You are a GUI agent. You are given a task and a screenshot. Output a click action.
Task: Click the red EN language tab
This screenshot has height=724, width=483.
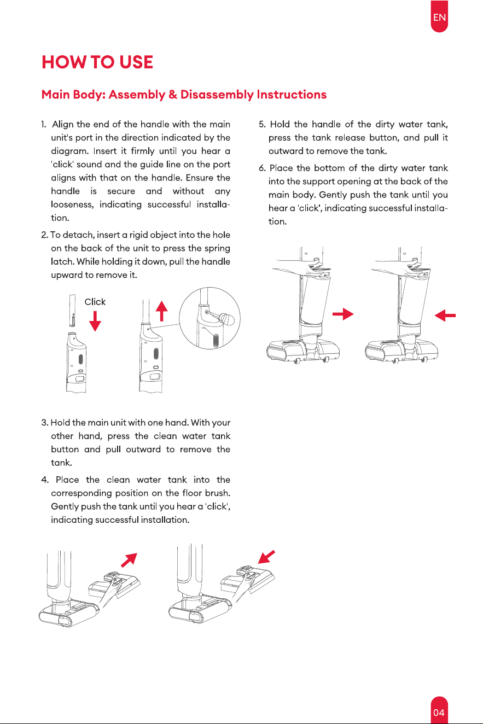pos(439,16)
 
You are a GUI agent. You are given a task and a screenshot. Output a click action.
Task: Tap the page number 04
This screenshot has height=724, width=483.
pos(439,713)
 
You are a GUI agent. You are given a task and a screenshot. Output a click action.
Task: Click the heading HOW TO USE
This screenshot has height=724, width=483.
pos(97,62)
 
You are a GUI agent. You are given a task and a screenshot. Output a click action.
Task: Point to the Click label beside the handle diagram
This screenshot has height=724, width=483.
pos(95,302)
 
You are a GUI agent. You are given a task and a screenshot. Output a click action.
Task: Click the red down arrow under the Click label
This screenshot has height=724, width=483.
pos(95,322)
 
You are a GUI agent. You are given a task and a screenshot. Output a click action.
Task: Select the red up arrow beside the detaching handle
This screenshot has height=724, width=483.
pos(162,311)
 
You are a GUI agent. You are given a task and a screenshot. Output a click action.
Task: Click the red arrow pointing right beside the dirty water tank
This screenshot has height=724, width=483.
pos(343,314)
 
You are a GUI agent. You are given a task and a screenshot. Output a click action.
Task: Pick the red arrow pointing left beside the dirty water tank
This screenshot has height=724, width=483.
pos(445,315)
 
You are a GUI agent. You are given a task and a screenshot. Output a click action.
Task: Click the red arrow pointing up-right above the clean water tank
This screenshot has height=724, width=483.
pos(129,560)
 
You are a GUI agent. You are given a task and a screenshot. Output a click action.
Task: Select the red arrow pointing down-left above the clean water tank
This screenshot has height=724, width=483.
pos(266,557)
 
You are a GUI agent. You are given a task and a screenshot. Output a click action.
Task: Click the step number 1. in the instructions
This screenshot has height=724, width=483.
pos(44,125)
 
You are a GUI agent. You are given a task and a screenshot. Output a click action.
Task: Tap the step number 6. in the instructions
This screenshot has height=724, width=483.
pos(262,168)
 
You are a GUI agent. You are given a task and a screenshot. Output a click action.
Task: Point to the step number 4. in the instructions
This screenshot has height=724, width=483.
pos(45,480)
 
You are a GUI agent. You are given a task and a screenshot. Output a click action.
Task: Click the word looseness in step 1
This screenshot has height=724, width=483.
pos(72,205)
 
